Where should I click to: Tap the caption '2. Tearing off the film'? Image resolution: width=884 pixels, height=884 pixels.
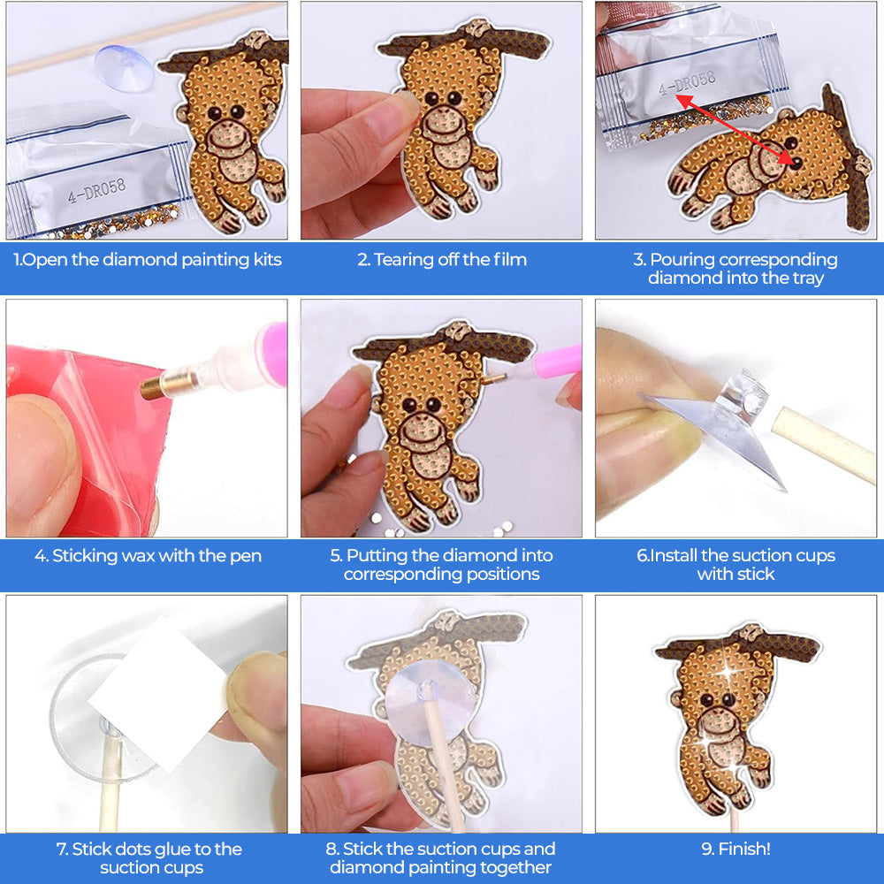point(442,260)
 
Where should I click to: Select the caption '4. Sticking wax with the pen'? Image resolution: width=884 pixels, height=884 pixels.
point(148,556)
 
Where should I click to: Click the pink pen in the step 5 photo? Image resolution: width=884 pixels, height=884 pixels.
point(555,362)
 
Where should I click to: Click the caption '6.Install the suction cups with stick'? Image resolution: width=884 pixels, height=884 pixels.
point(735,565)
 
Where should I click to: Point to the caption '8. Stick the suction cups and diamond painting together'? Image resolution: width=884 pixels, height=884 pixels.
point(442,858)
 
